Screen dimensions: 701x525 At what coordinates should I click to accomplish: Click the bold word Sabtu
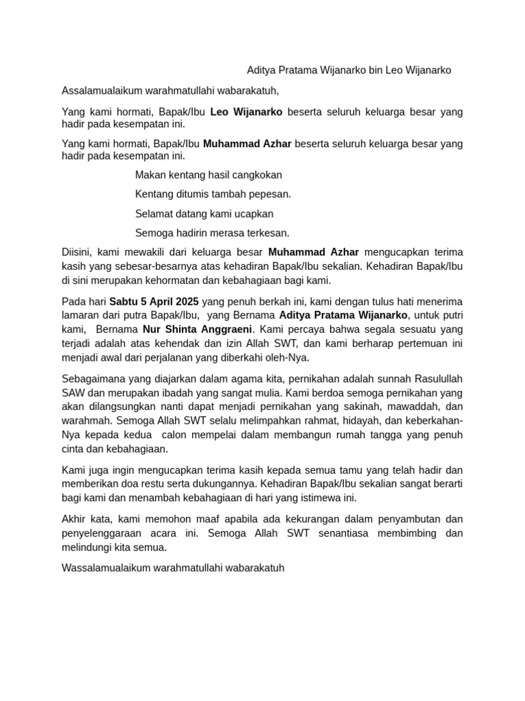tap(124, 302)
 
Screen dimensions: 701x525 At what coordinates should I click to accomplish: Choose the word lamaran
tap(81, 315)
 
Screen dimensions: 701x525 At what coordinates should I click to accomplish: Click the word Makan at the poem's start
tap(150, 175)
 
